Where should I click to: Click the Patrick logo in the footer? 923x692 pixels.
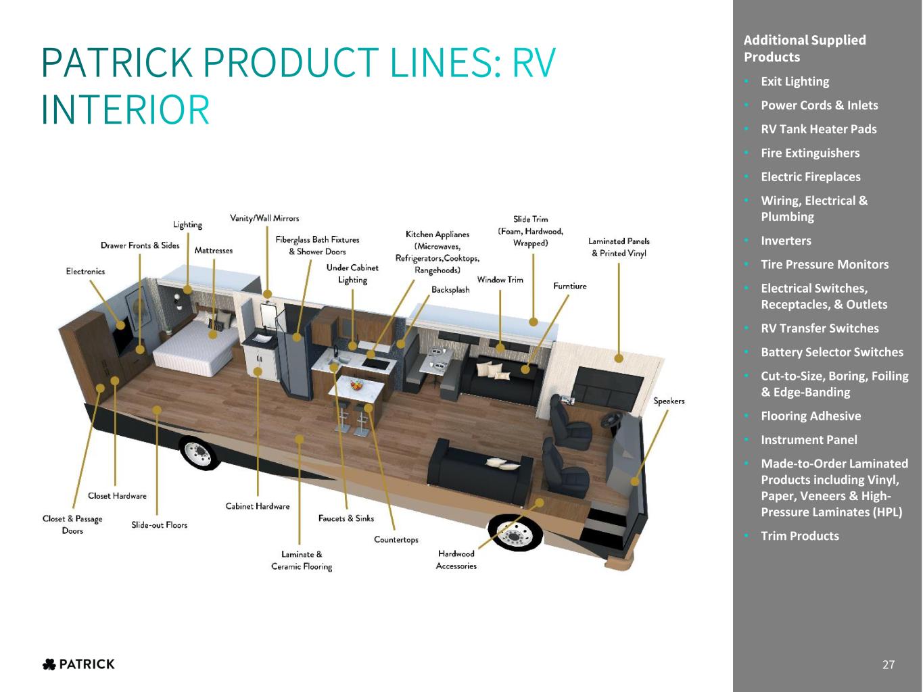(78, 664)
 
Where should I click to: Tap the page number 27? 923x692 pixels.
(889, 664)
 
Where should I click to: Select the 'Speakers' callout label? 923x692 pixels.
(669, 401)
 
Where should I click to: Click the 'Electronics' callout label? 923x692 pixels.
(85, 271)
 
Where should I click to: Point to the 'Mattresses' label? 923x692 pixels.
(214, 250)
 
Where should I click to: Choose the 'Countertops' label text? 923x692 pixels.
(396, 539)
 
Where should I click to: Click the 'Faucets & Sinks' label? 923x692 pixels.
(346, 518)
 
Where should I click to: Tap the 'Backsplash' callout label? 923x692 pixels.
(450, 289)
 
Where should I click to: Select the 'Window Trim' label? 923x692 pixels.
(500, 280)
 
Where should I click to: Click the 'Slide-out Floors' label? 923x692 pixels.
(160, 524)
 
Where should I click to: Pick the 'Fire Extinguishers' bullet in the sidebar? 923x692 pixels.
(810, 153)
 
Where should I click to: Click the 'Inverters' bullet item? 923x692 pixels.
(786, 241)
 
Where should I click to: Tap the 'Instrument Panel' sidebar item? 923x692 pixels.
(809, 440)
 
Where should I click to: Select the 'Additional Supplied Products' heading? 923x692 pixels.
(805, 49)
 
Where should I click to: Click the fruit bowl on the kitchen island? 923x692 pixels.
(356, 384)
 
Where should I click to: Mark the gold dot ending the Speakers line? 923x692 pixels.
(635, 481)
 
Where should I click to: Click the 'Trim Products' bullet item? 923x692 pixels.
(800, 536)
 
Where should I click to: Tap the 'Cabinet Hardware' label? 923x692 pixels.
(258, 506)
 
